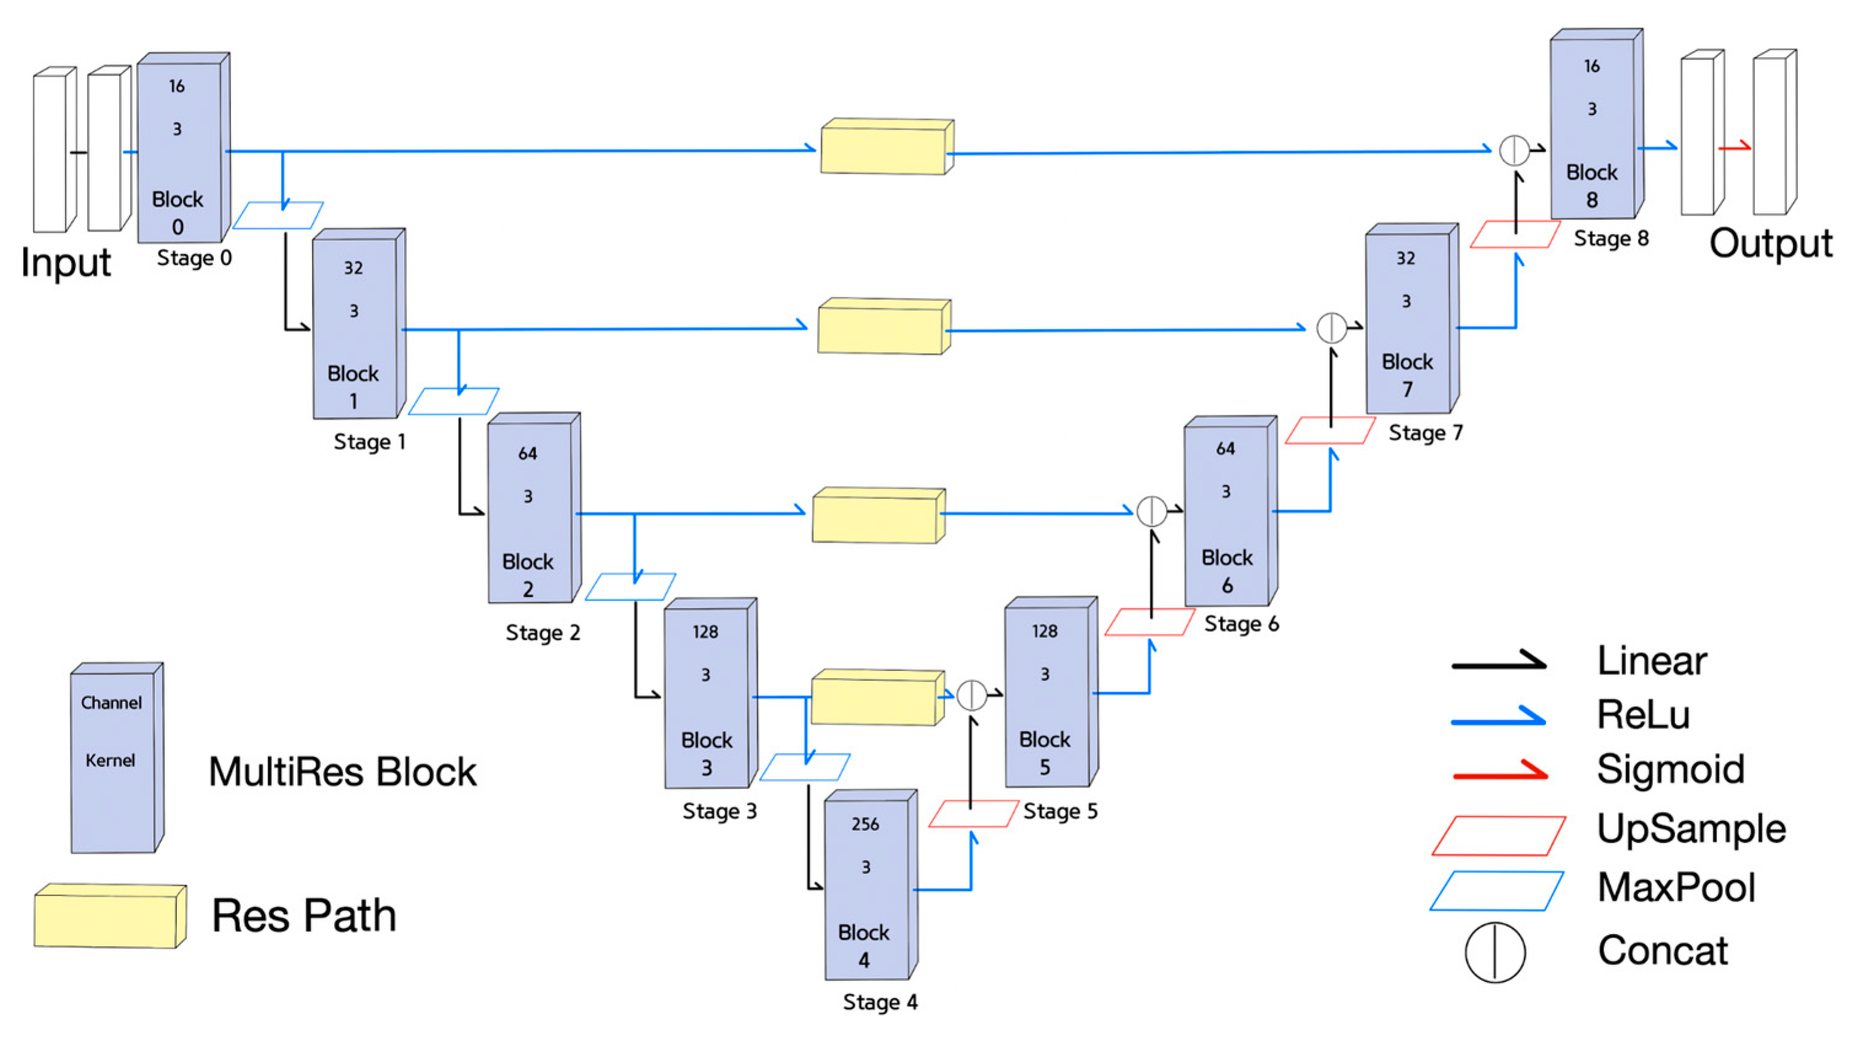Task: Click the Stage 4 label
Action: pos(880,1002)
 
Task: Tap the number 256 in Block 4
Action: pos(865,823)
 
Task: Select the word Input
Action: pos(66,262)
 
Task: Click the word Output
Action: pos(1771,243)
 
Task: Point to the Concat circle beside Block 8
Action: pos(1513,150)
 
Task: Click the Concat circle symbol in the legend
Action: pos(1495,952)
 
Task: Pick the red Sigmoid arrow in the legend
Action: pos(1500,773)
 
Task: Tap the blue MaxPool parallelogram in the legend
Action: pos(1496,891)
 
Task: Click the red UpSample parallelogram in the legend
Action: pos(1499,836)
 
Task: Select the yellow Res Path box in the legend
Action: pos(110,916)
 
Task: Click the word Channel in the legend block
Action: pos(111,702)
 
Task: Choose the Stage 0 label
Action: pos(195,258)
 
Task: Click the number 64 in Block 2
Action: pos(527,453)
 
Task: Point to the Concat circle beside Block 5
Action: pos(972,695)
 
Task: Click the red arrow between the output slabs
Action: pos(1734,147)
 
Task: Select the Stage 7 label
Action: pos(1425,433)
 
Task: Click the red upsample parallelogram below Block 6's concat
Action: pos(1149,623)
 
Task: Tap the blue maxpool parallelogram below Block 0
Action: pos(278,216)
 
